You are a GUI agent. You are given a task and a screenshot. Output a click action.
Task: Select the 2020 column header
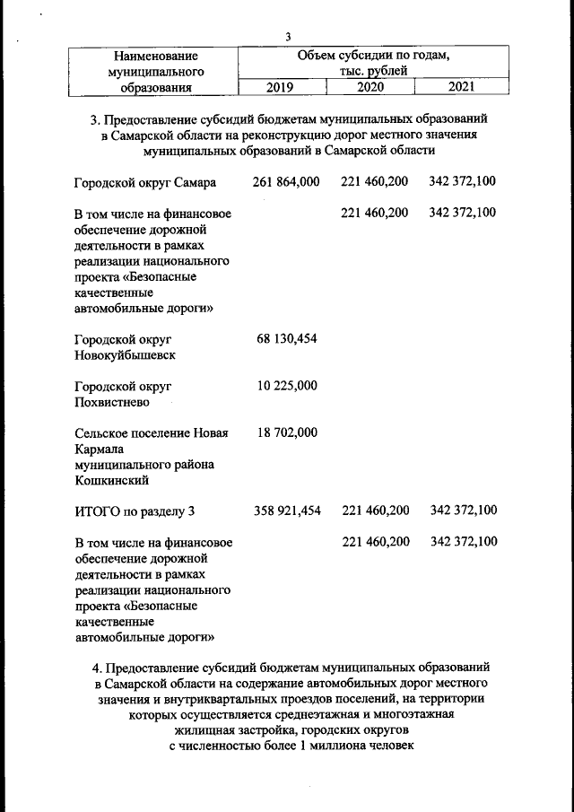point(370,87)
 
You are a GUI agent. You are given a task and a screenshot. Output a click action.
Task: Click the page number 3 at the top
point(287,37)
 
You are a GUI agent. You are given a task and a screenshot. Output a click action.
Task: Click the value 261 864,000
point(286,182)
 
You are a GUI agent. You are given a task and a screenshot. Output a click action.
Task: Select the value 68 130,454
point(287,338)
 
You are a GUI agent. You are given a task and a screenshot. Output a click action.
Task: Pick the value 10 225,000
point(287,386)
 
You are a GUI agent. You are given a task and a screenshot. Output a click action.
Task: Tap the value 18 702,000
point(287,432)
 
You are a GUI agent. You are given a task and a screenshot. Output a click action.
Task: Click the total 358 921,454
point(286,511)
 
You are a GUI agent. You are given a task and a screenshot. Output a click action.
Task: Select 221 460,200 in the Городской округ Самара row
point(374,182)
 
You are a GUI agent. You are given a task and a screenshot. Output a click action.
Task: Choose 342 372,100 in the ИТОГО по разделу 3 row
point(463,511)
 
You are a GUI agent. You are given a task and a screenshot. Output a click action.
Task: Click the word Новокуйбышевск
point(125,354)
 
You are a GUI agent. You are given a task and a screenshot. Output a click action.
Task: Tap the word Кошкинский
point(111,481)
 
